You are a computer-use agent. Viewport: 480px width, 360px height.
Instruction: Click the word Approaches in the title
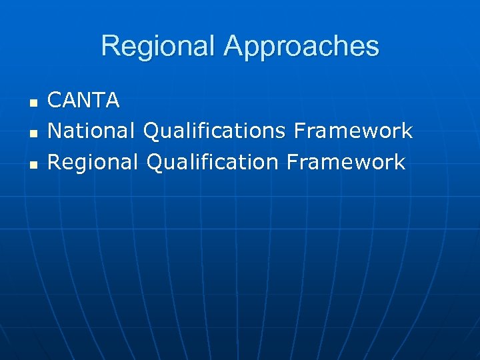pyautogui.click(x=301, y=47)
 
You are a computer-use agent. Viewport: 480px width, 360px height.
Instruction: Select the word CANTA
pyautogui.click(x=84, y=101)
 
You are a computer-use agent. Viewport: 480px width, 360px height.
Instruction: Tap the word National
pyautogui.click(x=93, y=131)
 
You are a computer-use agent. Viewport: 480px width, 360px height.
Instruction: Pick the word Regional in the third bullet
pyautogui.click(x=93, y=162)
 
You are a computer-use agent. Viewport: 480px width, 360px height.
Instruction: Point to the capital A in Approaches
pyautogui.click(x=234, y=46)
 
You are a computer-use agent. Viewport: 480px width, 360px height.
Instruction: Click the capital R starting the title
pyautogui.click(x=110, y=46)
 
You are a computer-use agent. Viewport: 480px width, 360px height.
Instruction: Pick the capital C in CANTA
pyautogui.click(x=55, y=101)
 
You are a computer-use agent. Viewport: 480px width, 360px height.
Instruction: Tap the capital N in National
pyautogui.click(x=55, y=131)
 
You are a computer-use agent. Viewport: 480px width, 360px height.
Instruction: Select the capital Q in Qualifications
pyautogui.click(x=153, y=131)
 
